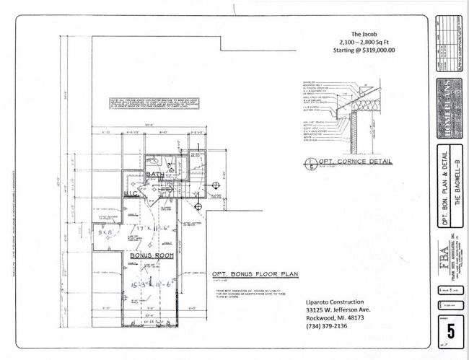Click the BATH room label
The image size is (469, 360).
(154, 175)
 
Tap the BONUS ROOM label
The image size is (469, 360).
(150, 255)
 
